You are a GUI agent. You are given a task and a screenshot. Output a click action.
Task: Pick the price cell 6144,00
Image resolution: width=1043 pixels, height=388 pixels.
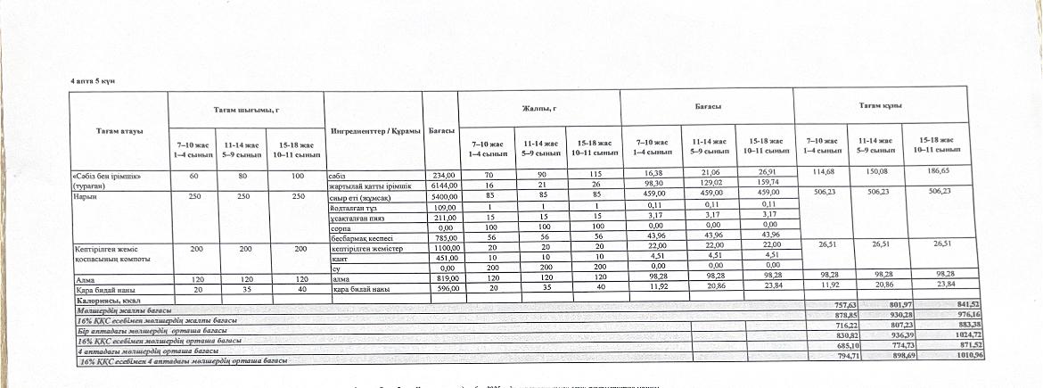tap(443, 184)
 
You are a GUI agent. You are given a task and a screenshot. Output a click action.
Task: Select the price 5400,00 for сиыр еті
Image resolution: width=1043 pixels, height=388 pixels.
tap(443, 194)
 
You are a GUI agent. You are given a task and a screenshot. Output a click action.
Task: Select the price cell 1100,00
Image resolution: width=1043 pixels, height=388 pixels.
tap(444, 248)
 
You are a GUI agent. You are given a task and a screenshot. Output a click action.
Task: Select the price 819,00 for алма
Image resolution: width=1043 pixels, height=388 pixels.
tap(444, 278)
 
